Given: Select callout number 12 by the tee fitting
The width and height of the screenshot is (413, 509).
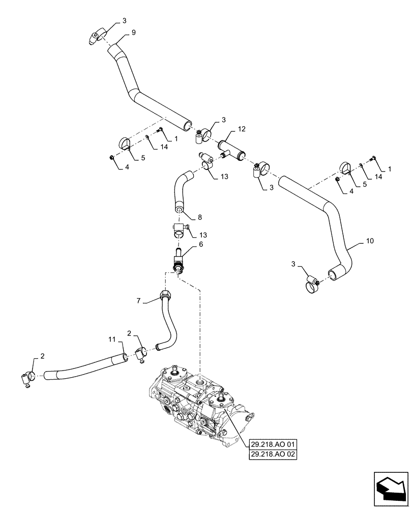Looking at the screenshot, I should pos(241,130).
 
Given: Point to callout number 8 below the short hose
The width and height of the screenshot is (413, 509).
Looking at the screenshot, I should pos(199,217).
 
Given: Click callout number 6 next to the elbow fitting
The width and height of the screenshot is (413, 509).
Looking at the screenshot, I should pos(200,244).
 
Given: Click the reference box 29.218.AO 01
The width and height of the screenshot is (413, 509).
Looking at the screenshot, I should pos(273,444).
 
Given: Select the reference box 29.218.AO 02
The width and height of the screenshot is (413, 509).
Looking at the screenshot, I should pos(273,454).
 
